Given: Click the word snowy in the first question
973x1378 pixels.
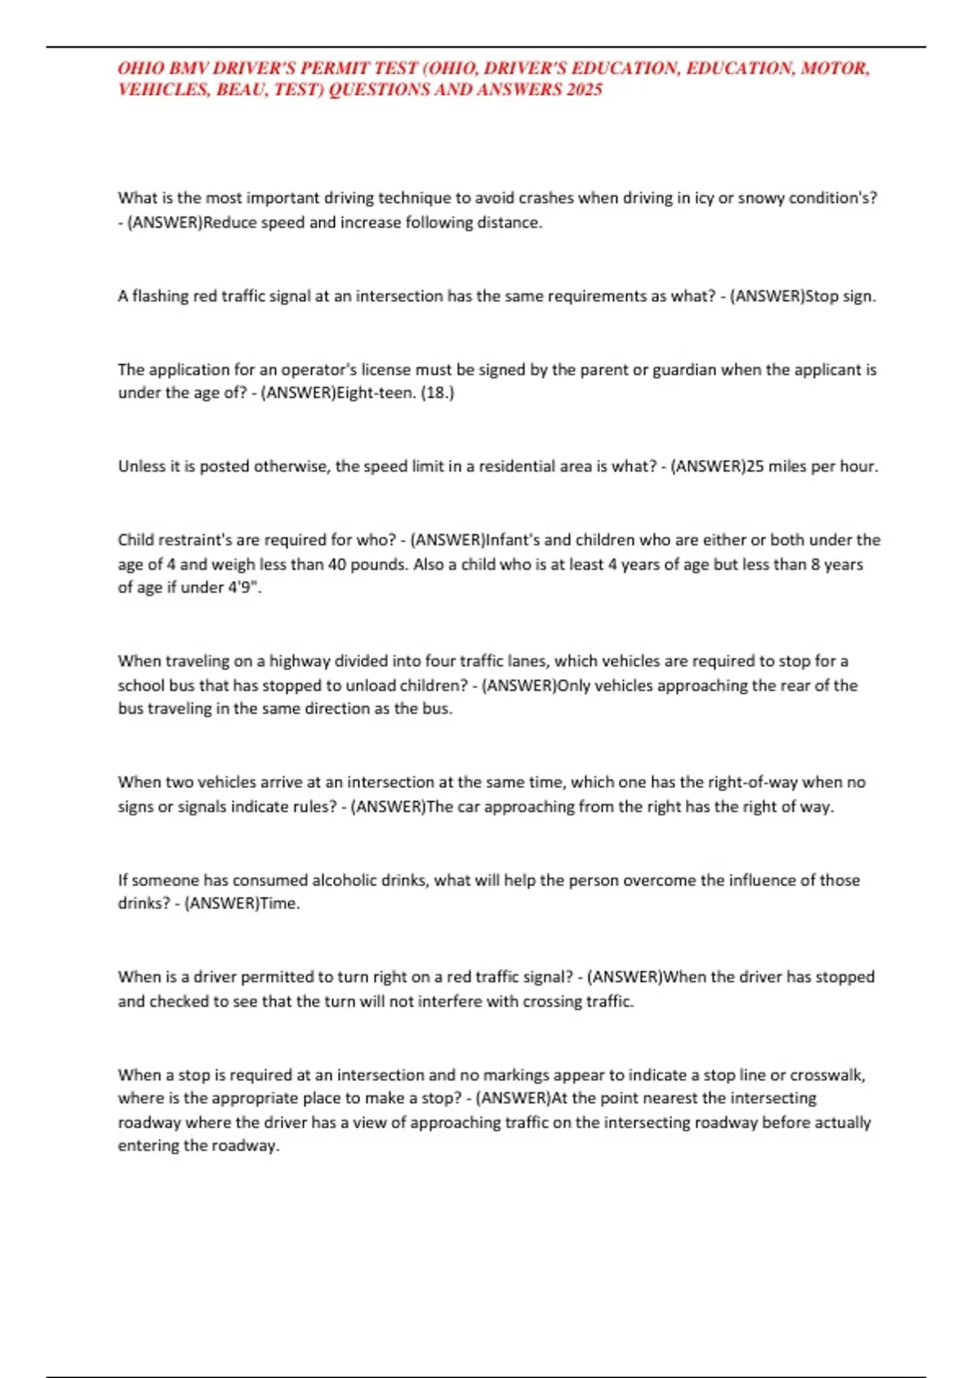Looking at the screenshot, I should (759, 198).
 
